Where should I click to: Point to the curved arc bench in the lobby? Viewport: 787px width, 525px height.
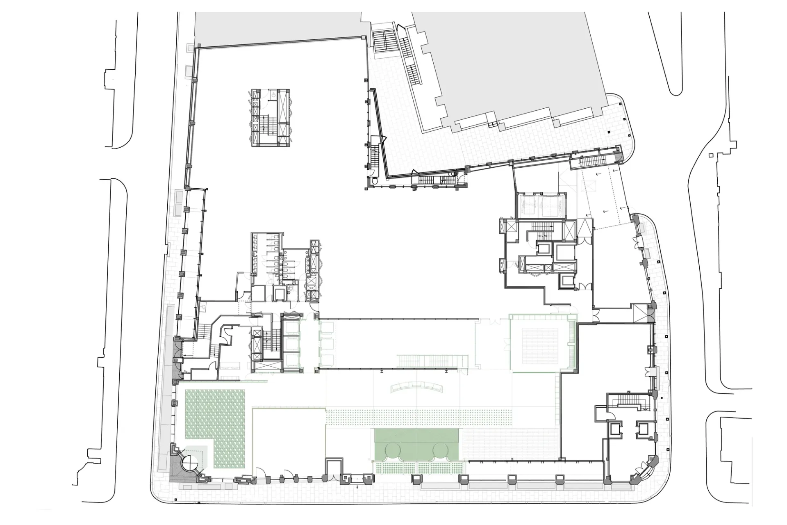coord(416,388)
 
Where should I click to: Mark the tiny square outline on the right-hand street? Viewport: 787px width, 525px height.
coord(711,155)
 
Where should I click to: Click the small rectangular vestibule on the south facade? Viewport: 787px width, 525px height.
coord(334,470)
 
